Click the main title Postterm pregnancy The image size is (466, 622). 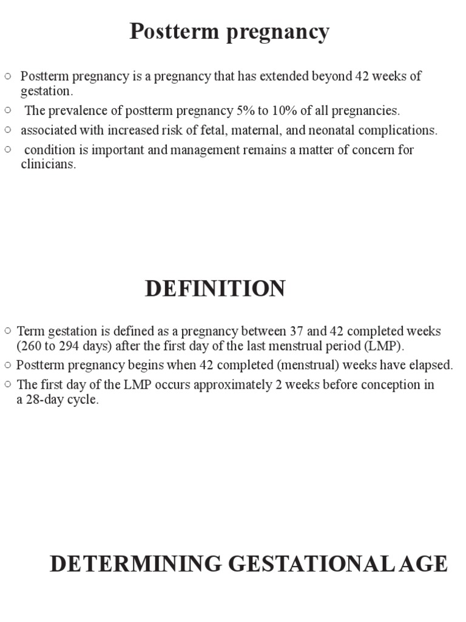point(229,32)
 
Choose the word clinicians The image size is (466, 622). point(48,165)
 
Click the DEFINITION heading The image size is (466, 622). point(215,289)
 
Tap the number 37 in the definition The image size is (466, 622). point(297,331)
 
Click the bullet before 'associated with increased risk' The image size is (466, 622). point(8,129)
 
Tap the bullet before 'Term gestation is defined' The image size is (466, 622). point(7,331)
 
